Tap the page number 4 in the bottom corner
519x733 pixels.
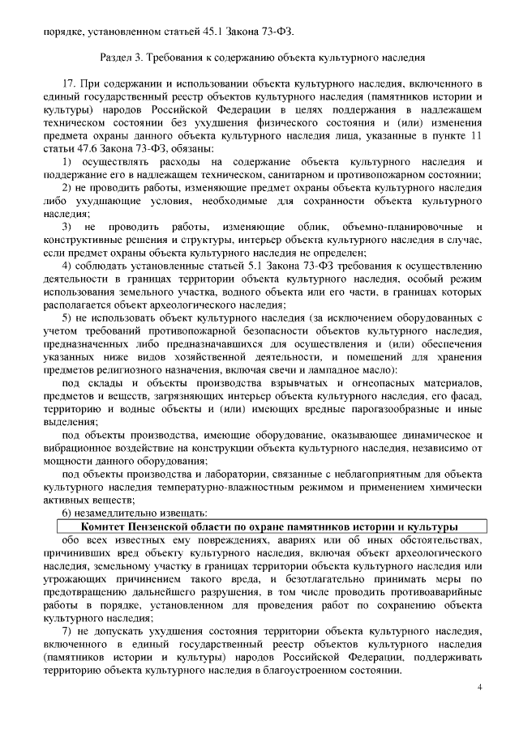tap(480, 687)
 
